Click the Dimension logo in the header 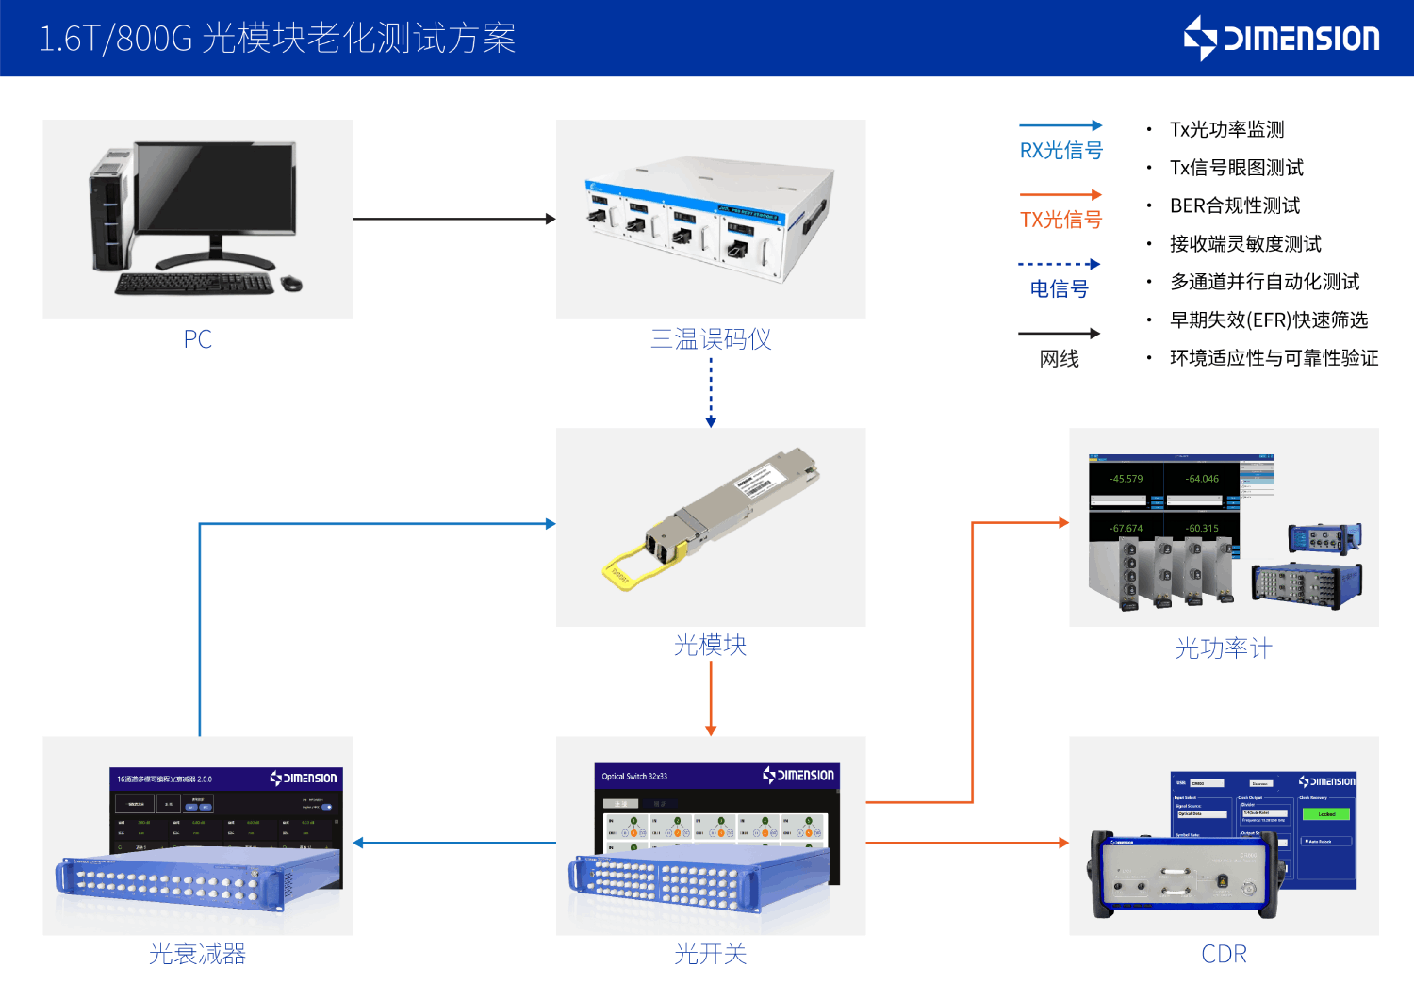pyautogui.click(x=1282, y=38)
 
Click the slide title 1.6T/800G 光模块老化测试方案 pyautogui.click(x=277, y=39)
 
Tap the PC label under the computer pyautogui.click(x=197, y=339)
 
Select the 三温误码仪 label pyautogui.click(x=711, y=339)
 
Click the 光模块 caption pyautogui.click(x=711, y=646)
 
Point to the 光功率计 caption pyautogui.click(x=1224, y=648)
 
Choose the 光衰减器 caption pyautogui.click(x=197, y=954)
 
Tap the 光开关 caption pyautogui.click(x=711, y=954)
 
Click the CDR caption pyautogui.click(x=1224, y=954)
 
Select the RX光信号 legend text pyautogui.click(x=1060, y=151)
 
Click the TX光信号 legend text pyautogui.click(x=1060, y=220)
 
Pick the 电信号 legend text pyautogui.click(x=1059, y=289)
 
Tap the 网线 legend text pyautogui.click(x=1059, y=359)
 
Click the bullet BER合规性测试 pyautogui.click(x=1235, y=205)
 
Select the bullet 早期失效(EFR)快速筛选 pyautogui.click(x=1268, y=320)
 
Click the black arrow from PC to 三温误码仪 pyautogui.click(x=452, y=219)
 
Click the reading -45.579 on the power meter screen pyautogui.click(x=1126, y=479)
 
